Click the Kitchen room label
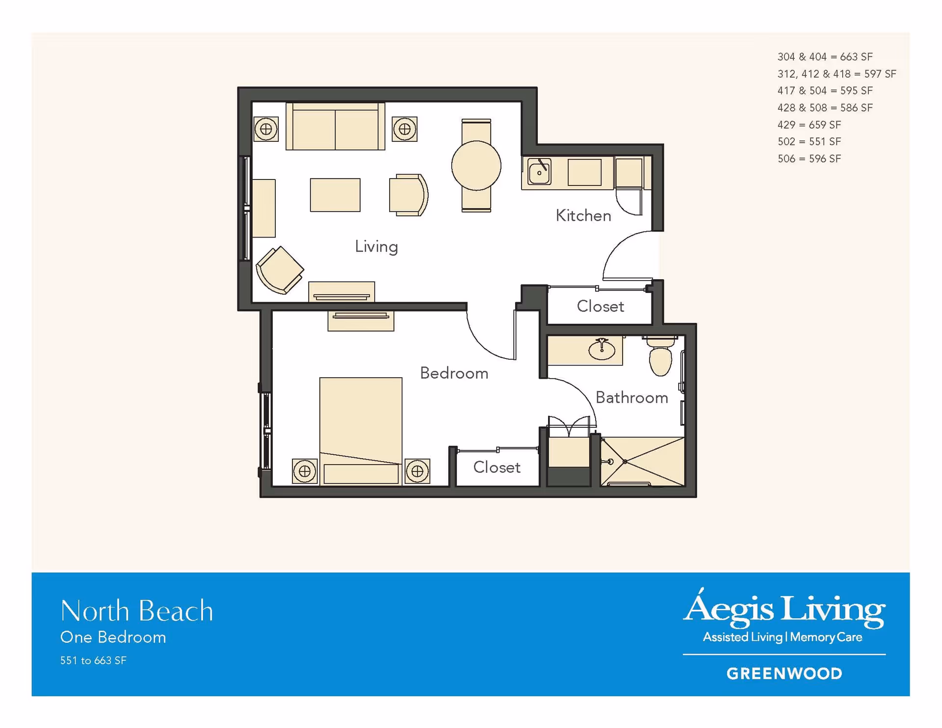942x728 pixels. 583,215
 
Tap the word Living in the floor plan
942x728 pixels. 376,247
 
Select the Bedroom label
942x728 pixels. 454,373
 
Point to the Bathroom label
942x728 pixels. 632,397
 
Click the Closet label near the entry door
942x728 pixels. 601,306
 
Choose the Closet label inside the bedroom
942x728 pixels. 497,467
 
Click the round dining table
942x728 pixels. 476,166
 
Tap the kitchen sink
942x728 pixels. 539,172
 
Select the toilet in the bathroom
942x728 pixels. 660,356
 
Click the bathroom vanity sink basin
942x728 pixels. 602,350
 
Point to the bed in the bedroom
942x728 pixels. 361,431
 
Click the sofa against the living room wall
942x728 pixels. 335,126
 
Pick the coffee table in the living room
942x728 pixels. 335,195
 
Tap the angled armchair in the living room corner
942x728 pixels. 280,270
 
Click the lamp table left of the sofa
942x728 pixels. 266,129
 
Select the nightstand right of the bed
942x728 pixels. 418,471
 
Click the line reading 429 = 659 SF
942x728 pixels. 809,125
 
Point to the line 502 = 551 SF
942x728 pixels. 809,142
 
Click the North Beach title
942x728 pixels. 136,611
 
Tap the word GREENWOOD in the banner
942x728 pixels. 784,674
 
